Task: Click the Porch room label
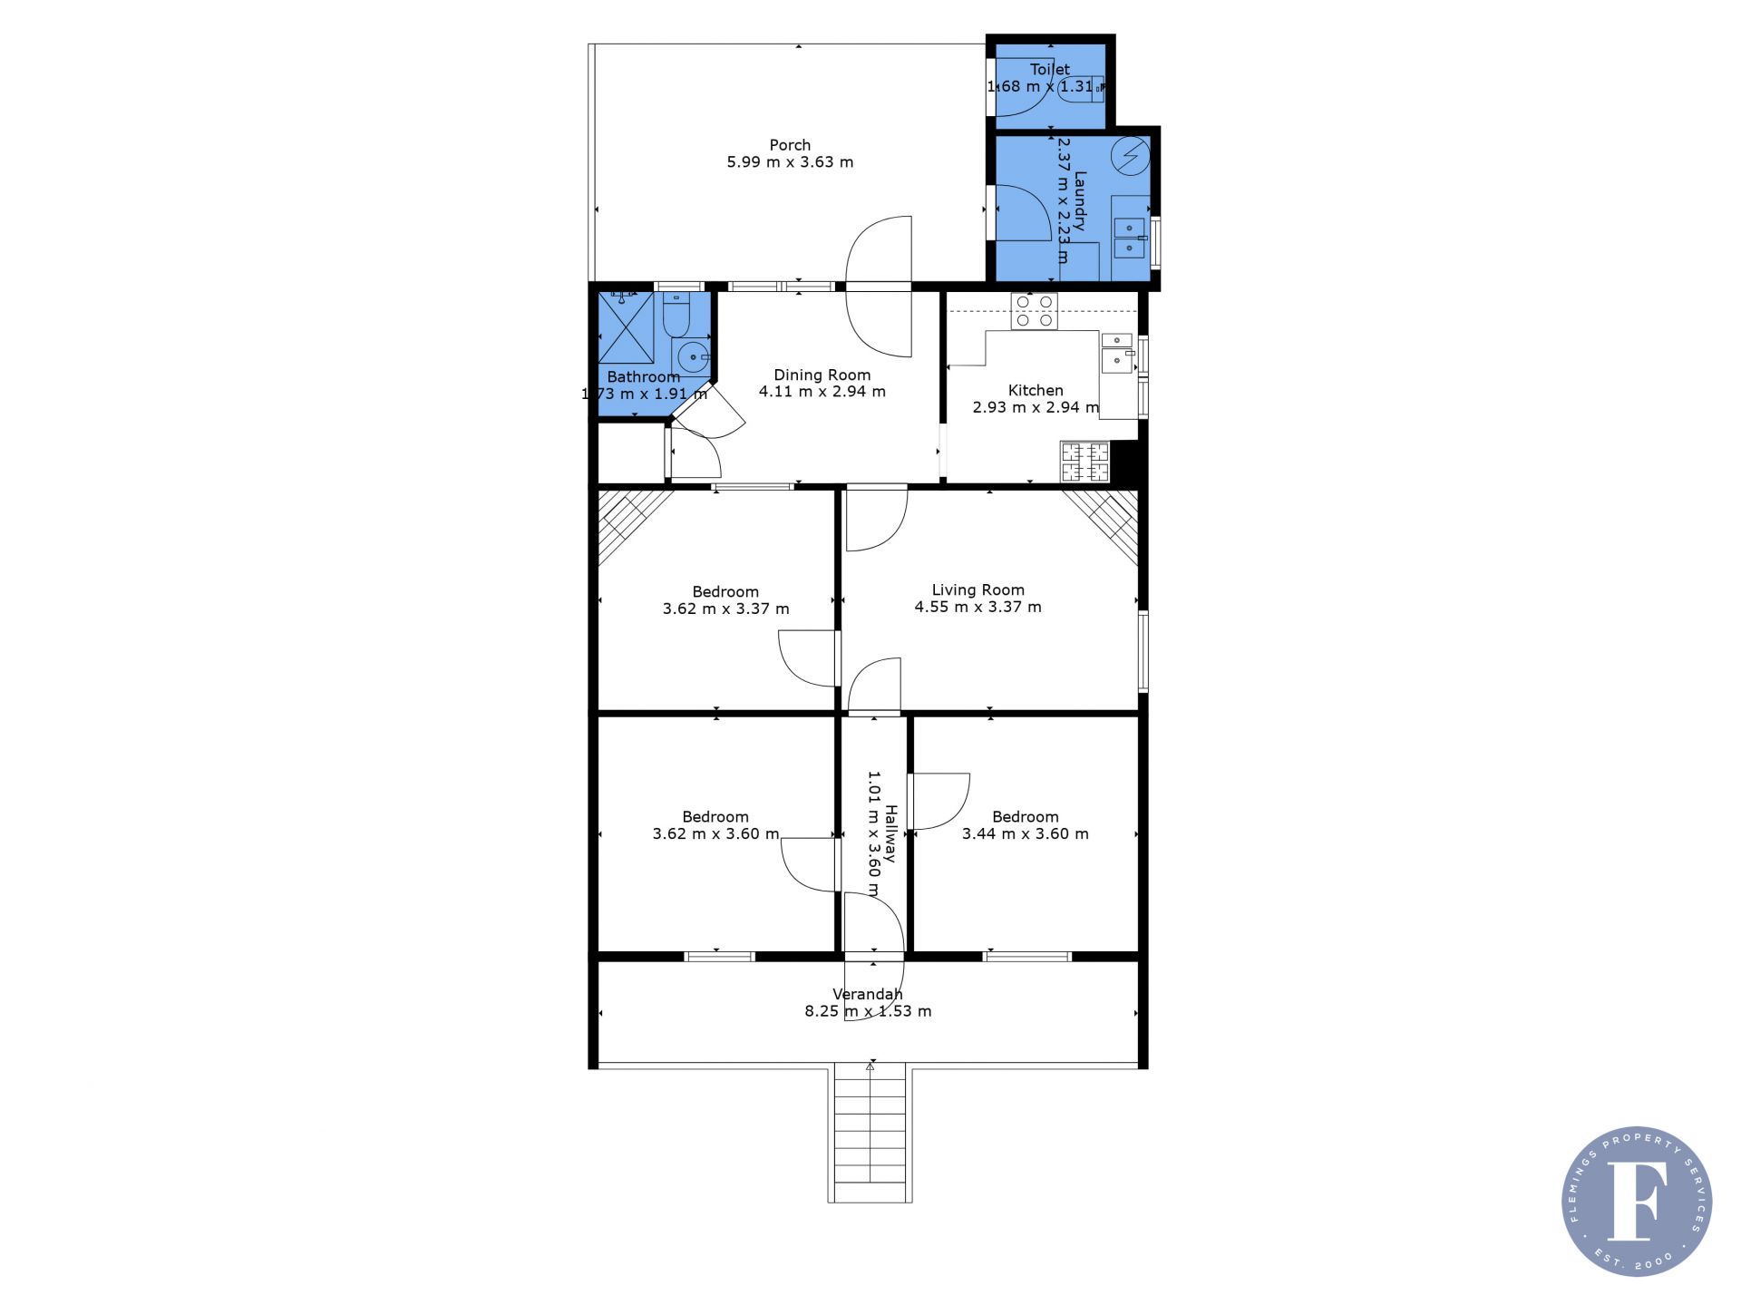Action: coord(790,145)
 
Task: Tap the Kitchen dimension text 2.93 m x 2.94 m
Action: coord(1036,407)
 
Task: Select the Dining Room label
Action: coord(822,375)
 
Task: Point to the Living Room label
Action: coord(977,590)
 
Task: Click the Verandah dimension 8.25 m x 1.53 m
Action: coord(868,1011)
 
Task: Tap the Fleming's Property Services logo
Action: coord(1637,1202)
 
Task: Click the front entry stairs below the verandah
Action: coord(870,1135)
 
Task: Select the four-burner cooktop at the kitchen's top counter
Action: coord(1035,311)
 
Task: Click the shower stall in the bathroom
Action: coord(626,328)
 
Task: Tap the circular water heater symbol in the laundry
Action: coord(1131,156)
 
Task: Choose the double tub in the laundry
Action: coord(1130,237)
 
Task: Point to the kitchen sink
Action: coord(1117,353)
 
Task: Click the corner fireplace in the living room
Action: coord(1101,527)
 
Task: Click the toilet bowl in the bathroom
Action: coord(676,314)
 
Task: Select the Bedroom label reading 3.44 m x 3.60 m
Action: coord(1025,825)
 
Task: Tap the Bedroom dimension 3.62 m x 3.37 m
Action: coord(725,609)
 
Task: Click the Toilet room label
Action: coord(1049,69)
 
